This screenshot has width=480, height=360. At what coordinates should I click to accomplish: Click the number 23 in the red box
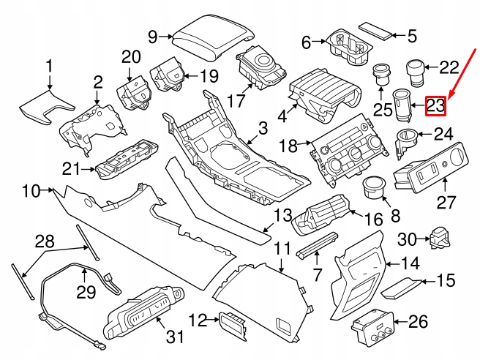[x=435, y=106]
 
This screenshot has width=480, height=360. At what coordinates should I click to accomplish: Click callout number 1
[x=49, y=69]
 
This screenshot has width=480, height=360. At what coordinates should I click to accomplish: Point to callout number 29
[x=86, y=292]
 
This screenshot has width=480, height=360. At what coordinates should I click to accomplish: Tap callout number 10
[x=30, y=192]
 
